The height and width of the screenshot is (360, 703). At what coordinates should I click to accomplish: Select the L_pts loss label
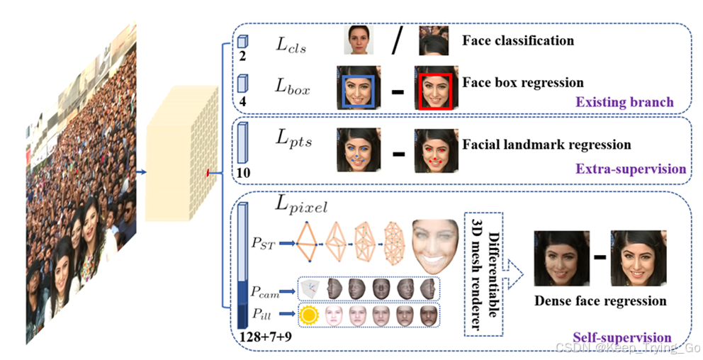coord(293,140)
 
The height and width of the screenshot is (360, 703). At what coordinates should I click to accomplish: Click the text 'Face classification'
coord(518,40)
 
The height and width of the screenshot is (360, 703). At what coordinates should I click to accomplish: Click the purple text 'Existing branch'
coord(624,102)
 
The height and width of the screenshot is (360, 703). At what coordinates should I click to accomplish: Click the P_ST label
coord(264,244)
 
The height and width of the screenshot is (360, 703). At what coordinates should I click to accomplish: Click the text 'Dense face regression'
coord(600,300)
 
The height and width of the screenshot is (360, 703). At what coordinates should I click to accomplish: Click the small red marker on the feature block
coord(208,172)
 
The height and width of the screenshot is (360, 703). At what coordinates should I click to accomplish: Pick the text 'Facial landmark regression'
coord(546,145)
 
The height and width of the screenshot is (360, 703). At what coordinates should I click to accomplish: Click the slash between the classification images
coord(397,42)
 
